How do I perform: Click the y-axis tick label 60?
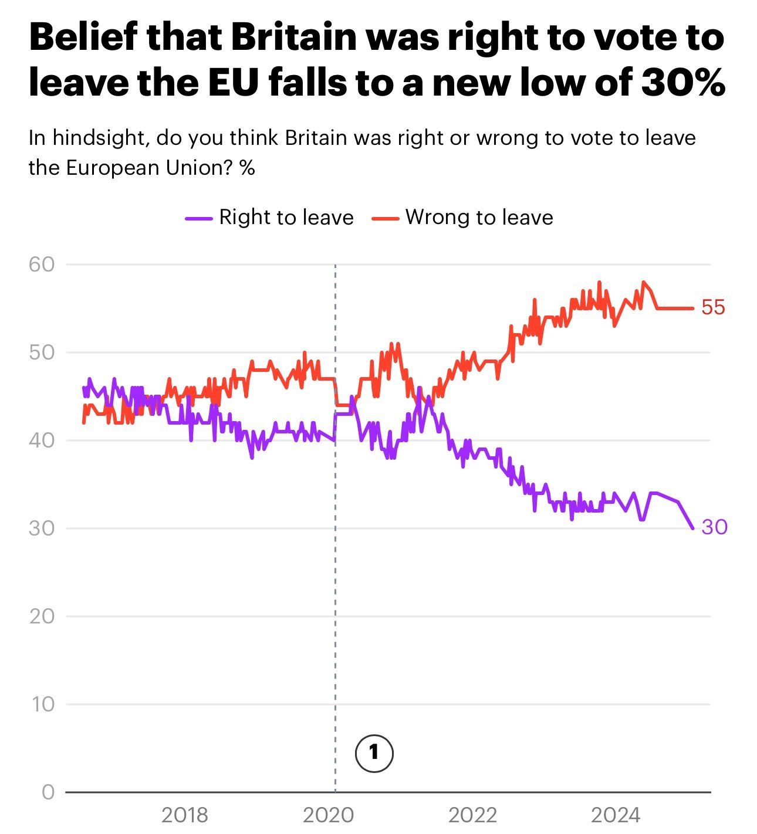tap(41, 265)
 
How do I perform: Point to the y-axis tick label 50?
tap(41, 352)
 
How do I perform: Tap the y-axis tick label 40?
tap(41, 440)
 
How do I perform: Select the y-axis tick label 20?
tap(41, 616)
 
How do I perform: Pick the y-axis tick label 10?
tap(42, 704)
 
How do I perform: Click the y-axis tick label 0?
tap(48, 792)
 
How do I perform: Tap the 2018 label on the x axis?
tap(184, 815)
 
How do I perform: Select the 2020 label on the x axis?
tap(329, 815)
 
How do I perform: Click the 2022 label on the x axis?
tap(472, 815)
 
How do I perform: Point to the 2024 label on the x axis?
tap(616, 815)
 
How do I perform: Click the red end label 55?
tap(714, 307)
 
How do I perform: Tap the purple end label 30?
tap(714, 527)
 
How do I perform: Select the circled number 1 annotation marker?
tap(374, 752)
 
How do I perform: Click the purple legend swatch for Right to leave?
tap(198, 218)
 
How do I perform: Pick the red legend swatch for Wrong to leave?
tap(385, 218)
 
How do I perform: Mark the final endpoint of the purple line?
tap(693, 528)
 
